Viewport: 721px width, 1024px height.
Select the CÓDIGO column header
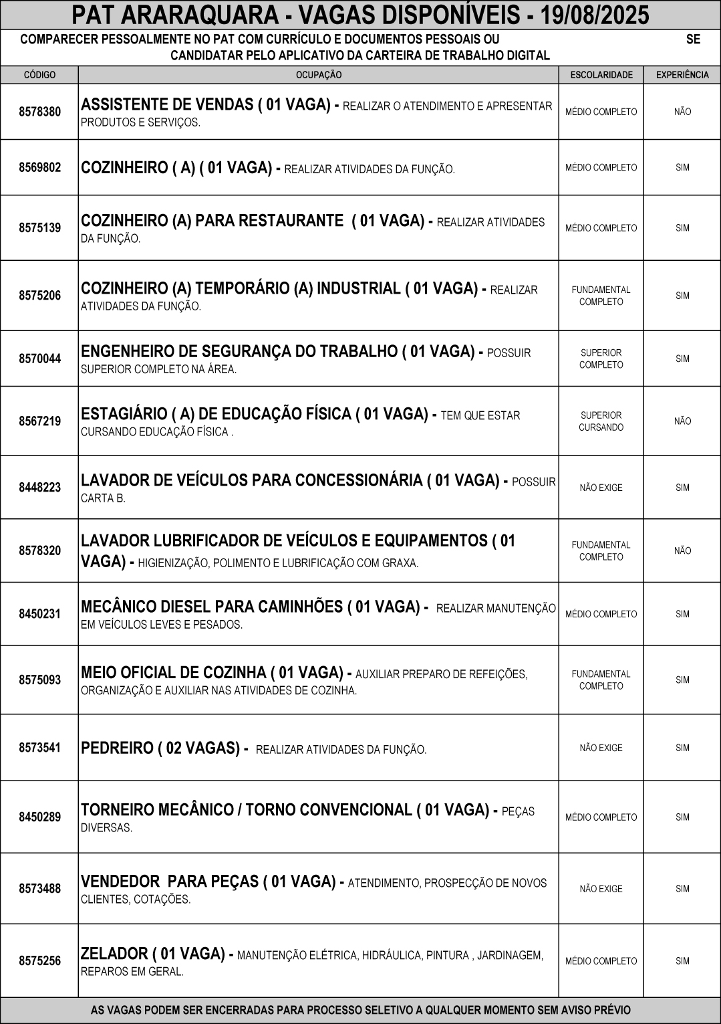coord(39,75)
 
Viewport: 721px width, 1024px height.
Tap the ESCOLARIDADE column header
coord(601,75)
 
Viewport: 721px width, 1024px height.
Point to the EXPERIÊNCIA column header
coord(682,75)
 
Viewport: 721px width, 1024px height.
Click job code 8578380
coord(39,112)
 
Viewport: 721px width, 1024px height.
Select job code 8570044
coord(39,359)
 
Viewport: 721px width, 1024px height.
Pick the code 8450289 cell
coord(39,817)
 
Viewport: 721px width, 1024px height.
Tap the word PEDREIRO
coord(117,748)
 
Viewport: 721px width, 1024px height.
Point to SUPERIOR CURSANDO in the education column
coord(601,421)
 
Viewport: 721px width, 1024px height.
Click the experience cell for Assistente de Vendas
coord(682,112)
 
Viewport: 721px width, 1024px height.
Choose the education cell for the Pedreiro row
coord(601,748)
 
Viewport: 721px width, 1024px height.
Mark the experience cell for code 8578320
coord(682,550)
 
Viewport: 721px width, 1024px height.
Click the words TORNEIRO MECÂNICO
coord(157,810)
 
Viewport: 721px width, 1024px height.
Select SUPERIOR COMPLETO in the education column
coord(601,359)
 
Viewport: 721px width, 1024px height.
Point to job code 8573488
coord(39,888)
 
